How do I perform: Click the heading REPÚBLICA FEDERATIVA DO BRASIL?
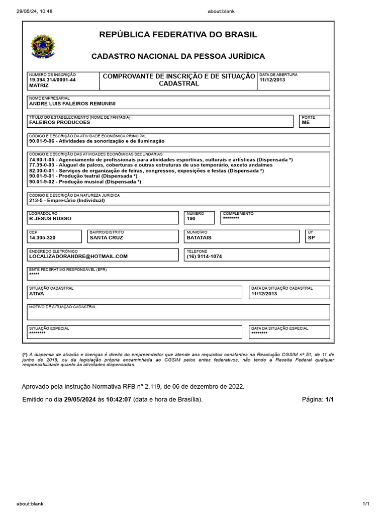click(178, 35)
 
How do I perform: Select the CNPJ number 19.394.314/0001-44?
click(52, 80)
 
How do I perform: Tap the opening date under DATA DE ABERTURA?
click(272, 80)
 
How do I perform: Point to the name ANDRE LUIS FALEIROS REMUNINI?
click(72, 104)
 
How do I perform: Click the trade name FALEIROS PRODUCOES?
click(60, 122)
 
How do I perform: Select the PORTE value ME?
click(306, 122)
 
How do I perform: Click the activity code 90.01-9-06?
click(44, 141)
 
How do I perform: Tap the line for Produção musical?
click(85, 182)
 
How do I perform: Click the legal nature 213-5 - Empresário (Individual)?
click(67, 200)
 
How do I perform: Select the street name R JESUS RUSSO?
click(50, 219)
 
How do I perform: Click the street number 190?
click(191, 219)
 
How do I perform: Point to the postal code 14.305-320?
click(42, 237)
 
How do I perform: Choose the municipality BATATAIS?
click(199, 237)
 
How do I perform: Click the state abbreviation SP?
click(311, 237)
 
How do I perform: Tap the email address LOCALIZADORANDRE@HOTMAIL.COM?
click(78, 256)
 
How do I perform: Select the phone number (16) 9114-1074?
click(204, 256)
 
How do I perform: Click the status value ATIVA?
click(37, 293)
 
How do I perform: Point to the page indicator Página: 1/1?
click(318, 399)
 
